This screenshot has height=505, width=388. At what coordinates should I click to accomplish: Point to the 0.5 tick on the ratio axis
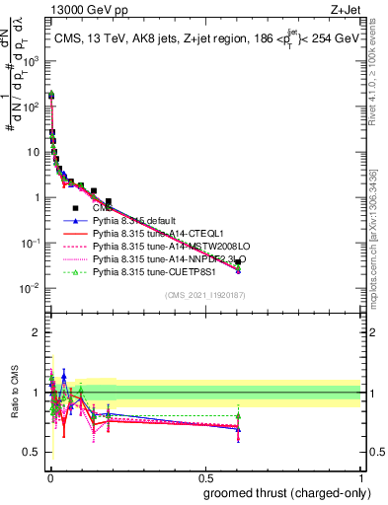tap(33, 453)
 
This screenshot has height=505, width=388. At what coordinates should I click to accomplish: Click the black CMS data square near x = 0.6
tap(238, 261)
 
